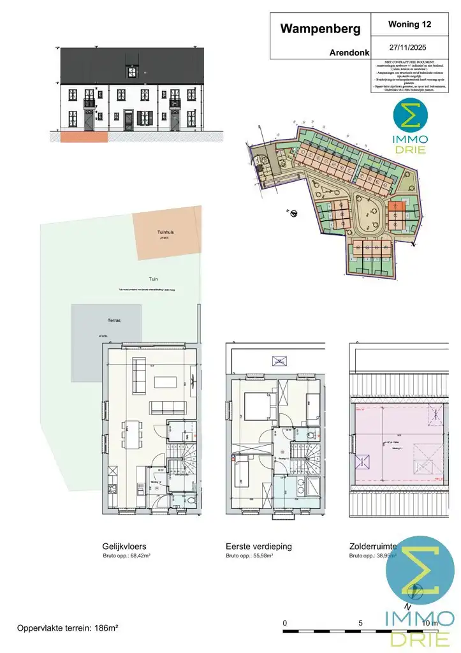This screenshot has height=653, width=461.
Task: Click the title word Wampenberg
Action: [320, 29]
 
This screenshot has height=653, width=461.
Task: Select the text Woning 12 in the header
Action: [409, 24]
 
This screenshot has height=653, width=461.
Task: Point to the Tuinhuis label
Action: [166, 233]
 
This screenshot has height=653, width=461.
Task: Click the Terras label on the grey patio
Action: [114, 321]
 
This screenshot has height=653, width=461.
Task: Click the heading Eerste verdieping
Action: [258, 547]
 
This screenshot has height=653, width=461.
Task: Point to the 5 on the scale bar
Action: [360, 622]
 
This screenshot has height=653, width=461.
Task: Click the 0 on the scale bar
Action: [285, 622]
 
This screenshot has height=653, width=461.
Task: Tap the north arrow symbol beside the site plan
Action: [293, 214]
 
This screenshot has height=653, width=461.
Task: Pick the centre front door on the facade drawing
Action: [129, 120]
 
